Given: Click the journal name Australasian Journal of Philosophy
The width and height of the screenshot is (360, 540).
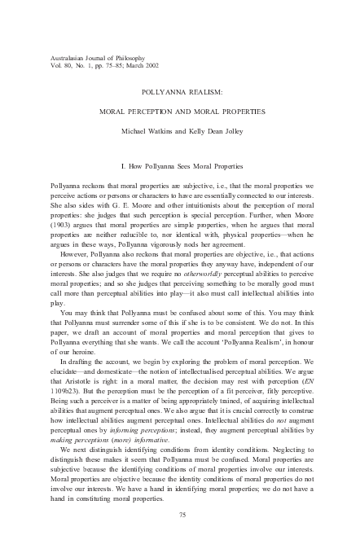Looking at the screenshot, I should pos(90,55).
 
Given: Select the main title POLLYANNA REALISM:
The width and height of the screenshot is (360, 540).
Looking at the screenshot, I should pos(179,94).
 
